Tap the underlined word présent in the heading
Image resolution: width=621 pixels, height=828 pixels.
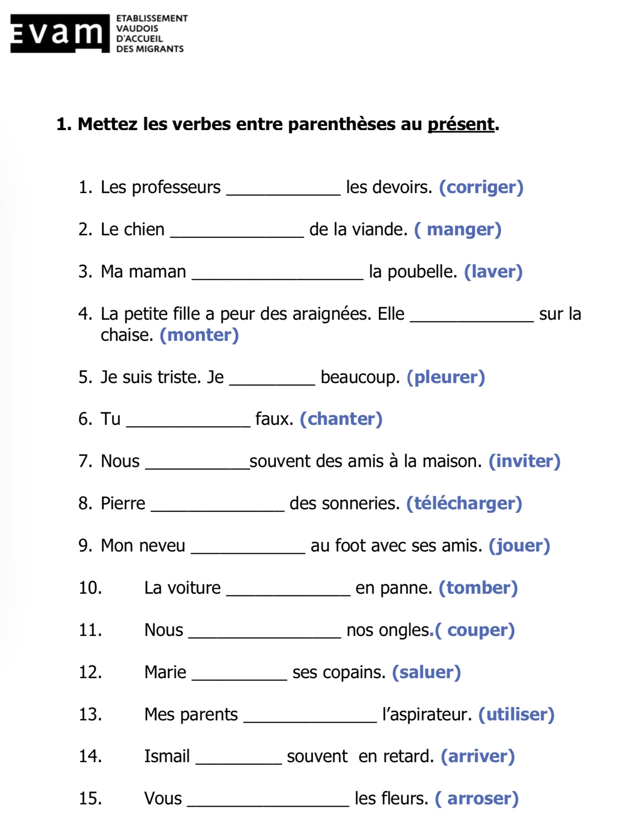pos(461,125)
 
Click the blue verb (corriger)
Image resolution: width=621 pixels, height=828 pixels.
pos(481,187)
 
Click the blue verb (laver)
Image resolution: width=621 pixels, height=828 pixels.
pos(493,272)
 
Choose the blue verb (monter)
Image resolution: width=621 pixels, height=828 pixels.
pos(199,335)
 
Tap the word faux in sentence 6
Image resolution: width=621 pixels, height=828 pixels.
pos(274,419)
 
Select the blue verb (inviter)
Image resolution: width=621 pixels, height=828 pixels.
pos(524,461)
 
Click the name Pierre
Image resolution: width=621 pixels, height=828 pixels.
pos(123,504)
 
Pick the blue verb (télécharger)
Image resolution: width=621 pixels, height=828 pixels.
pos(464,504)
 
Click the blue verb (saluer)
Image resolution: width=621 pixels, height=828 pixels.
pos(426,672)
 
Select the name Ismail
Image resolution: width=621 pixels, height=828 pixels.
pos(167,756)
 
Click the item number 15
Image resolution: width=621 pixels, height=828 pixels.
pos(90,799)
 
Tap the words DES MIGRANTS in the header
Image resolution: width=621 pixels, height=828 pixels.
pos(150,49)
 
